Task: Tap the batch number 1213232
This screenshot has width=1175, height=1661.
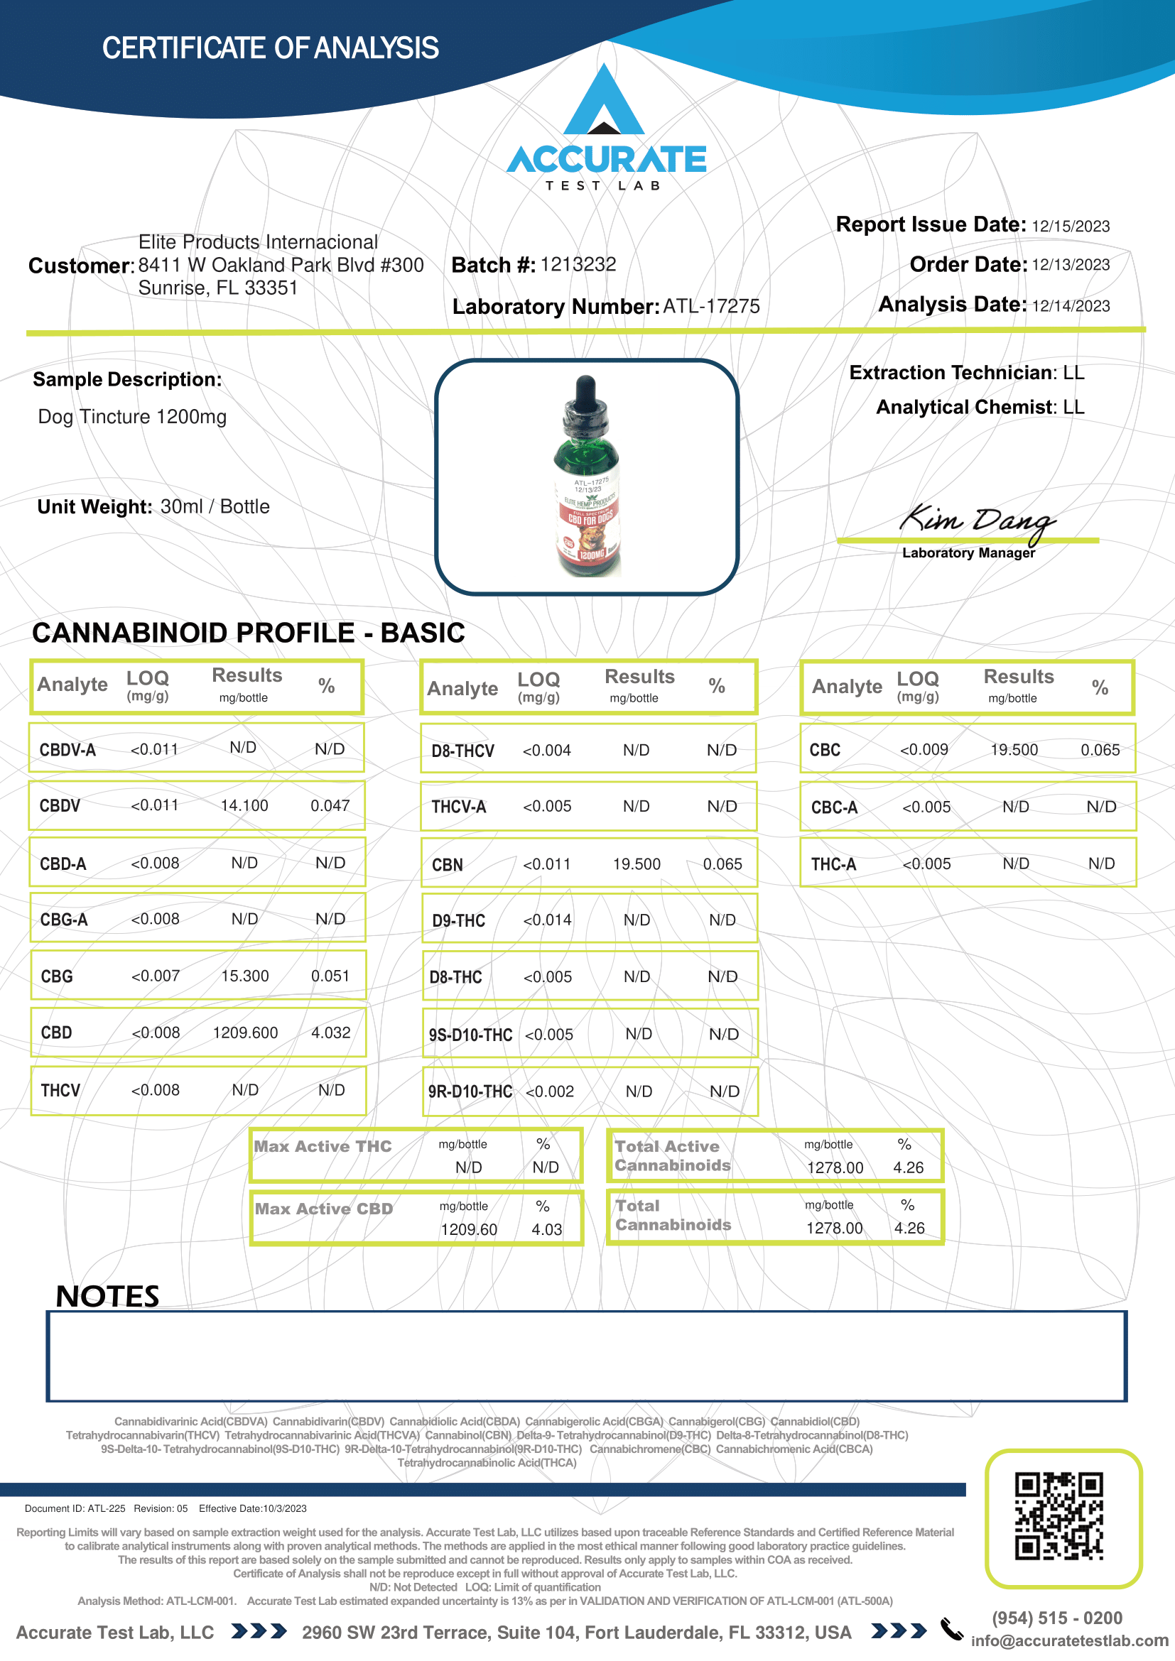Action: tap(578, 265)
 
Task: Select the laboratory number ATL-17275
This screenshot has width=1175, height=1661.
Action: tap(711, 307)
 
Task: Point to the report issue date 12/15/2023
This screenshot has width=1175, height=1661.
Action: tap(1070, 227)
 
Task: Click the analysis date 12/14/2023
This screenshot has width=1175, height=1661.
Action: tap(1070, 306)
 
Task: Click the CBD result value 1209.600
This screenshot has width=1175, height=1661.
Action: tap(245, 1033)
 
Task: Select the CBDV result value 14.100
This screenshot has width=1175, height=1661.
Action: tap(244, 806)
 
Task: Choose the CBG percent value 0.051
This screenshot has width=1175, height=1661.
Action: tap(330, 976)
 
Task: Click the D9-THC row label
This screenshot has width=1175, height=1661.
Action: tap(459, 921)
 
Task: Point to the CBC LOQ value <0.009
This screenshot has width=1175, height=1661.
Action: tap(924, 750)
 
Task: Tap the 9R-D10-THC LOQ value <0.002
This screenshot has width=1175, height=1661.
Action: tap(550, 1091)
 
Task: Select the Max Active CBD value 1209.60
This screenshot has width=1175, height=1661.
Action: tap(469, 1230)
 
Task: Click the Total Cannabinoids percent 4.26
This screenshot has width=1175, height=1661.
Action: tap(909, 1229)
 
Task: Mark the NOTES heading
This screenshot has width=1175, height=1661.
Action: tap(107, 1297)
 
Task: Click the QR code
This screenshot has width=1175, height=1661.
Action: tap(1058, 1516)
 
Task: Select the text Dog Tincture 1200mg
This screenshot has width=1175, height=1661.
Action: tap(132, 418)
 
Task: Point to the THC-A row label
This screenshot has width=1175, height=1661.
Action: tap(833, 864)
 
